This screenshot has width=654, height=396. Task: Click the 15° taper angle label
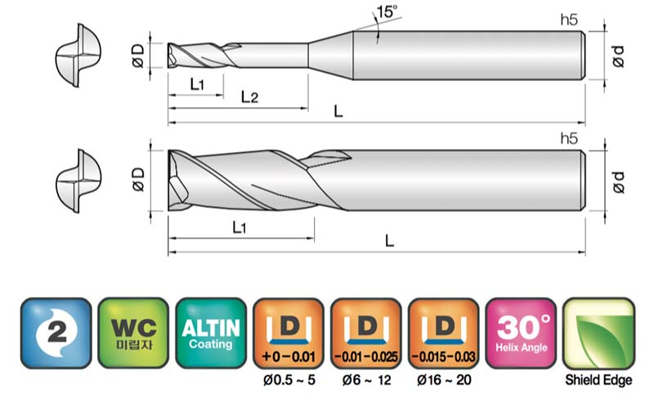[387, 11]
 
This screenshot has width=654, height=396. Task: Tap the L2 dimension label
[249, 97]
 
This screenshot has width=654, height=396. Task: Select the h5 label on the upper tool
[569, 20]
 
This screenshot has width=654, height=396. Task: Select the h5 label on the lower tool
[569, 138]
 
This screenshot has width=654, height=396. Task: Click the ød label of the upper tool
[619, 56]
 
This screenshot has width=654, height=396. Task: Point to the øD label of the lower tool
[138, 179]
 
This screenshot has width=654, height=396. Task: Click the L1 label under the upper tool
[197, 84]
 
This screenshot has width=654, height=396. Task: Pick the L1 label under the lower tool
[239, 227]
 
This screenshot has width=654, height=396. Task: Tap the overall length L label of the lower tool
[389, 241]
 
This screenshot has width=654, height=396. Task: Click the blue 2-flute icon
[56, 333]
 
